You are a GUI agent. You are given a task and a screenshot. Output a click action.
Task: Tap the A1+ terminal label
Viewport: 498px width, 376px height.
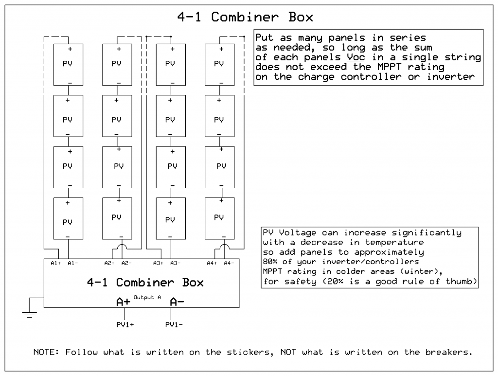point(55,263)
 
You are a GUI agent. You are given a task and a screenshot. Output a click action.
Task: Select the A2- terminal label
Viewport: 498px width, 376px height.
point(126,263)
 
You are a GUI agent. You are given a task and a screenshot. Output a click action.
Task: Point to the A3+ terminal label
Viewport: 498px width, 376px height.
point(158,263)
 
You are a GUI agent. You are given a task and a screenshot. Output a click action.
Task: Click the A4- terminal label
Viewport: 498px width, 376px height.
point(229,263)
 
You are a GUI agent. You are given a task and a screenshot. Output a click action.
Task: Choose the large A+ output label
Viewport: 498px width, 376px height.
point(123,302)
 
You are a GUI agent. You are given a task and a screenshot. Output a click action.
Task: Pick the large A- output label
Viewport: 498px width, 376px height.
point(177,302)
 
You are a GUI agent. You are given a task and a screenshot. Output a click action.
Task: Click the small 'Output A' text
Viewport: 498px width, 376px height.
point(147,297)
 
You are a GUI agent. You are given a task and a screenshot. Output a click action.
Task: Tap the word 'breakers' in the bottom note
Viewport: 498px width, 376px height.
point(447,352)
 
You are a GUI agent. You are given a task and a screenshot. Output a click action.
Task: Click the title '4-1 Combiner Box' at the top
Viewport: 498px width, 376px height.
point(245,17)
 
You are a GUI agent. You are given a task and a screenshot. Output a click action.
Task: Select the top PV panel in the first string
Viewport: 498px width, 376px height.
point(68,65)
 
